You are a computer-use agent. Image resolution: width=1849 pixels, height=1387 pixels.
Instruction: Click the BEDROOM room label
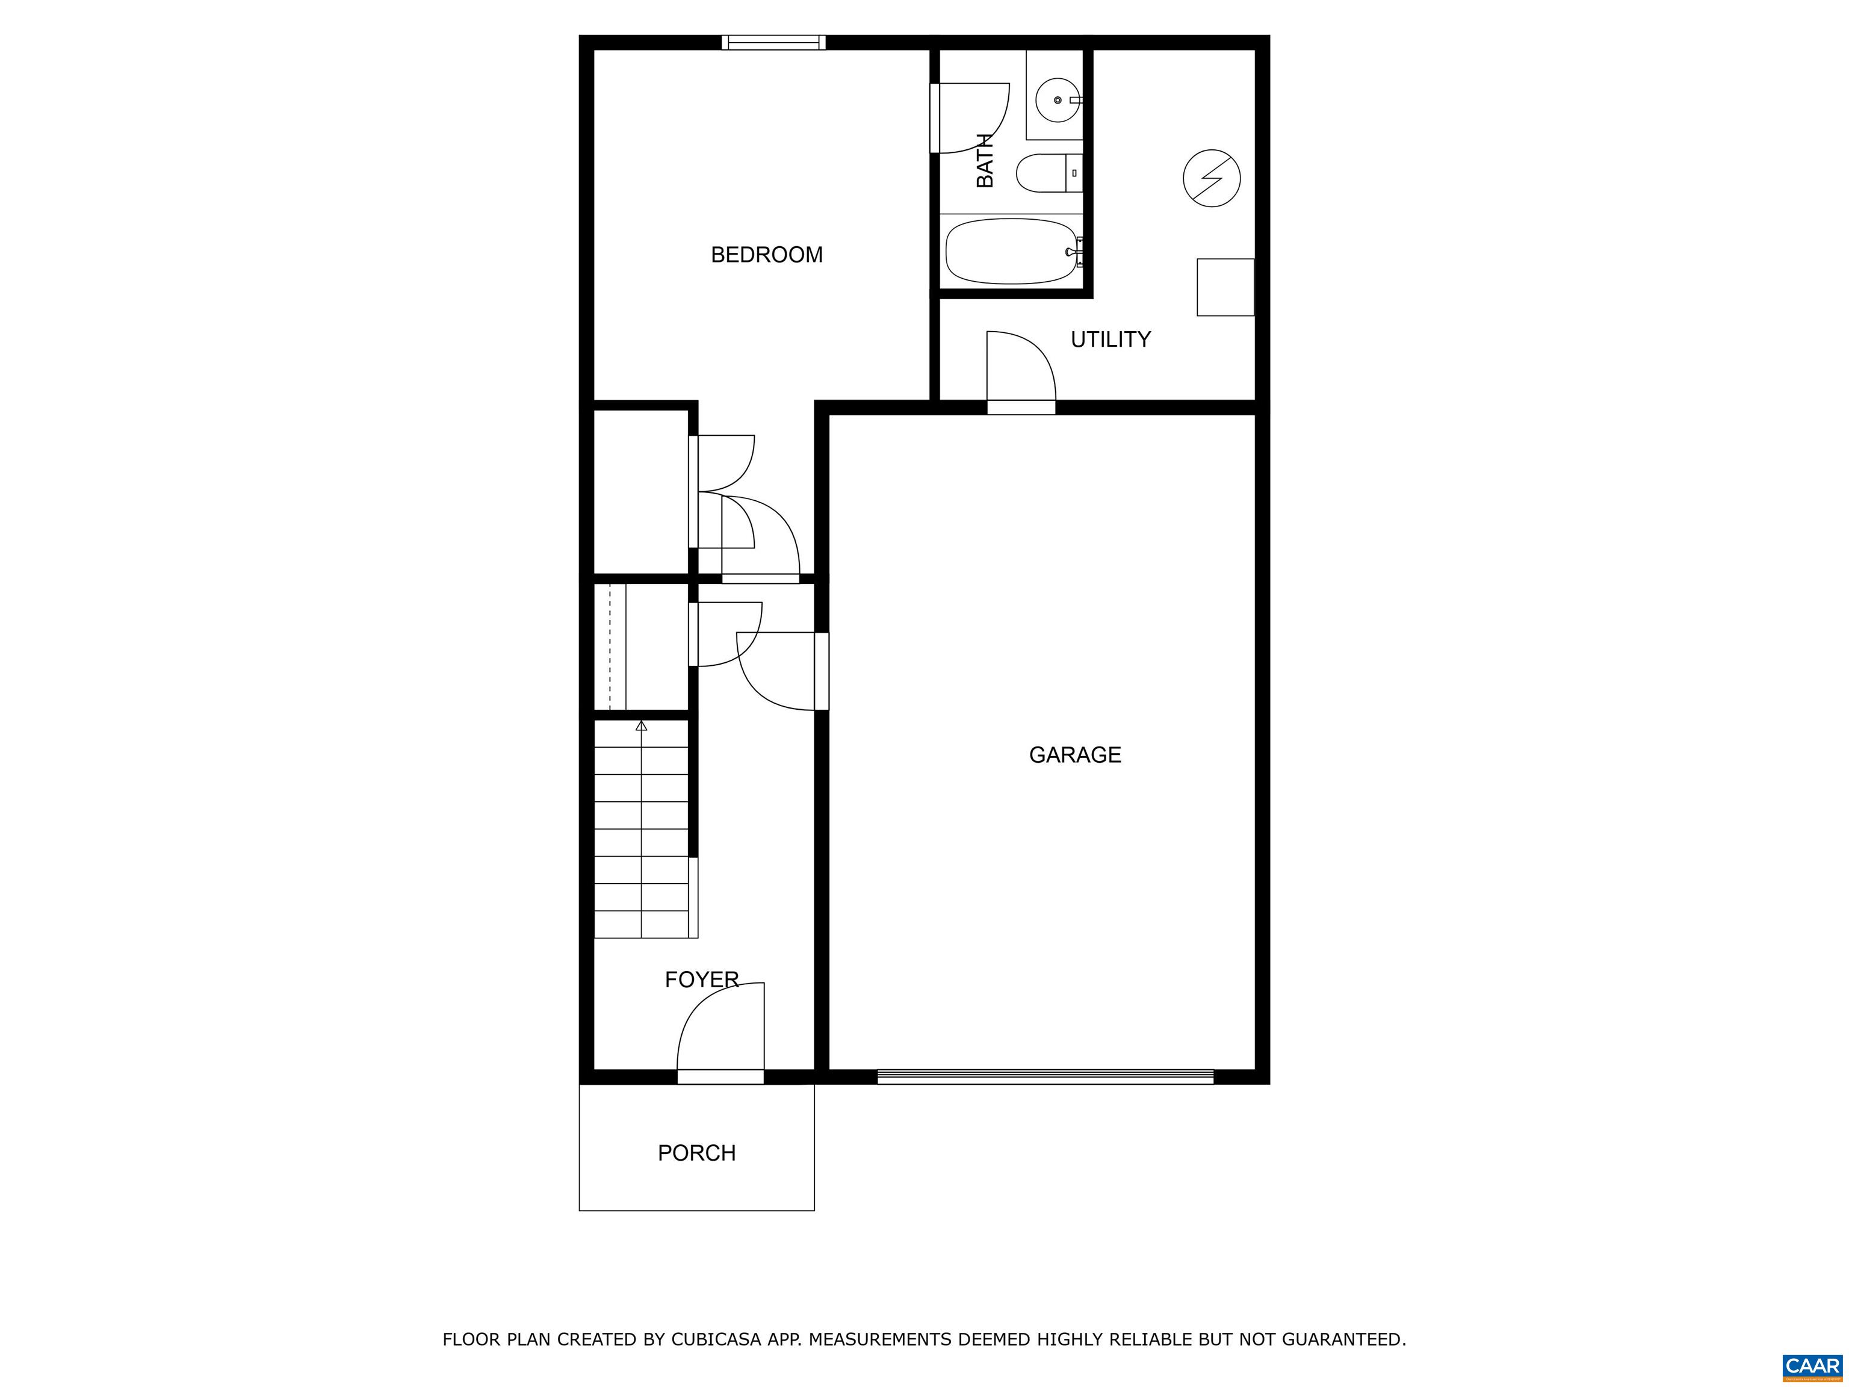(x=767, y=255)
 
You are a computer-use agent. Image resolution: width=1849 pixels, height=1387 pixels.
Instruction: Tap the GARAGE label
(x=1075, y=755)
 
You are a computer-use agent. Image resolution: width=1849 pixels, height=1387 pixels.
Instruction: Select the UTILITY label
(x=1111, y=340)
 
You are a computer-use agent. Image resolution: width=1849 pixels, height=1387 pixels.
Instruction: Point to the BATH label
(x=985, y=161)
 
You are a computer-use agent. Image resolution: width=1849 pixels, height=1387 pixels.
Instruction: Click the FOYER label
(x=701, y=980)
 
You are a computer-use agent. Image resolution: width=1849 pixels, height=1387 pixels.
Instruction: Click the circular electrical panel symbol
(x=1211, y=179)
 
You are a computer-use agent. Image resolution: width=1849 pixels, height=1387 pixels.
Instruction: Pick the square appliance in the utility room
(x=1225, y=288)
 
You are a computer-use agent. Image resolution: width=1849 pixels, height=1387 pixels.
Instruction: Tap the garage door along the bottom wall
(x=1045, y=1077)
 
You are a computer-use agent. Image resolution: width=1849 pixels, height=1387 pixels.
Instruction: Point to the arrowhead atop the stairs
(x=641, y=725)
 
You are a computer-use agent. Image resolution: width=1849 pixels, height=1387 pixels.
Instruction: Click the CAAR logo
(x=1812, y=1366)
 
